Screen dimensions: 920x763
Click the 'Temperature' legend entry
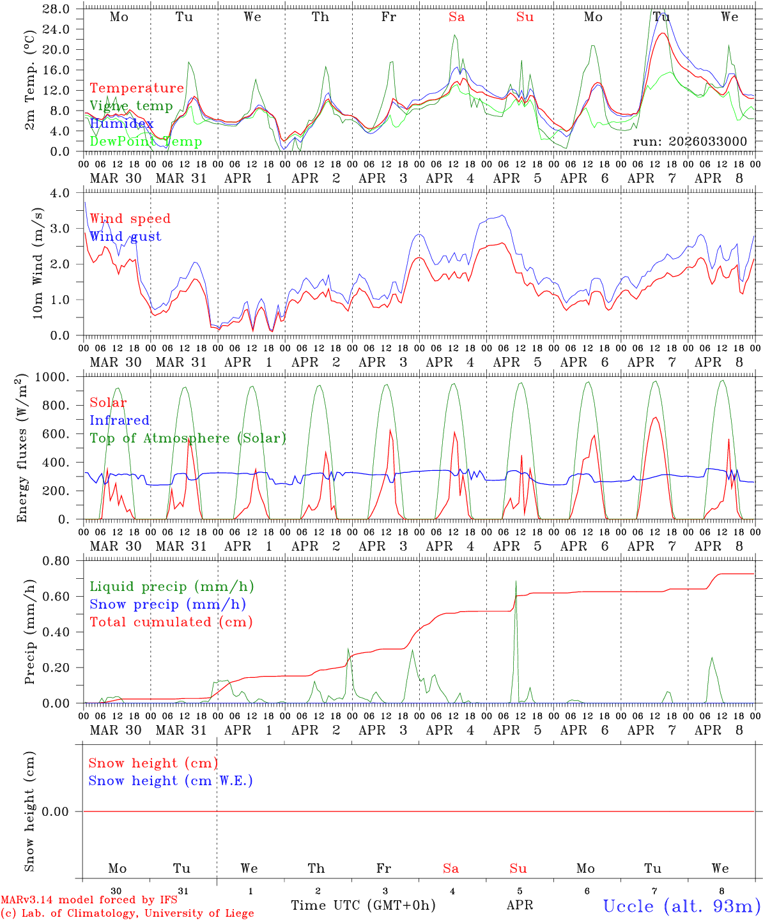tap(136, 88)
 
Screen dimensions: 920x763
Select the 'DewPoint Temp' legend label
tap(146, 142)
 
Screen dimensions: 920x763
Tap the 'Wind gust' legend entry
tap(125, 236)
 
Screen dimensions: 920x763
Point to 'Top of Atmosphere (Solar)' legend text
tap(187, 438)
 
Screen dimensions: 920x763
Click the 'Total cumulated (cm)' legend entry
tap(171, 622)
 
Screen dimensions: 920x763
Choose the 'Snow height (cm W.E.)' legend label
tap(170, 781)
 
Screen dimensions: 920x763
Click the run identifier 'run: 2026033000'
tap(690, 142)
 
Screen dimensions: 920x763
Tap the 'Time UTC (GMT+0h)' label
tap(363, 905)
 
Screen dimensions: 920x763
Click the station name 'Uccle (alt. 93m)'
tap(681, 906)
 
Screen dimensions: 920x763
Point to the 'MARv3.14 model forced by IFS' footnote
tap(89, 900)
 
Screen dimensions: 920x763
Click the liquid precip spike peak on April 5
tap(516, 581)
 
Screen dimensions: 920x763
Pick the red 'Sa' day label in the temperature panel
tap(456, 17)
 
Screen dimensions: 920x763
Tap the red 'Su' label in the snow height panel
tap(518, 868)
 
